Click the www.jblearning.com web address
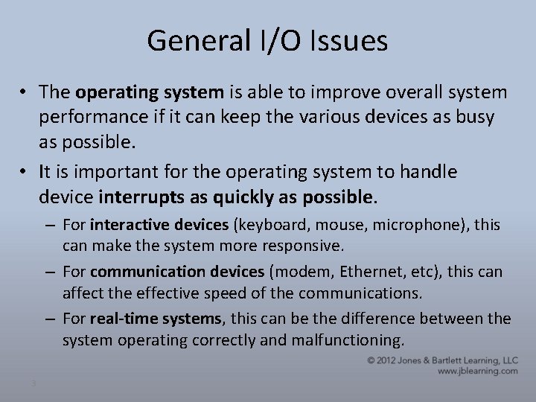[479, 370]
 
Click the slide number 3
[33, 383]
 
